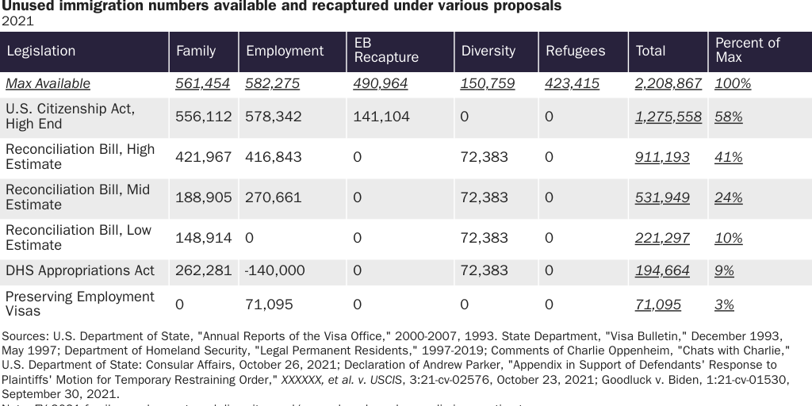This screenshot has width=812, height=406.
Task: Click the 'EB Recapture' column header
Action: [x=385, y=51]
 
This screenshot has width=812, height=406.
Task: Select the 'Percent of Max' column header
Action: [x=747, y=51]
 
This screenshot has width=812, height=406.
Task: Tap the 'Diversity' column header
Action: [x=488, y=51]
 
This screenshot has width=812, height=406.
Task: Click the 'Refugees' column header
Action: [x=575, y=51]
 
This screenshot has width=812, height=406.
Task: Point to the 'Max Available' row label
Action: [x=48, y=83]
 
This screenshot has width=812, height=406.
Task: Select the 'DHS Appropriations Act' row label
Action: [x=80, y=270]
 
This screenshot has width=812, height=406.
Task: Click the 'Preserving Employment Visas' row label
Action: [x=80, y=304]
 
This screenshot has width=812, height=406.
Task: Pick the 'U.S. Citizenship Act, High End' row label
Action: [x=70, y=116]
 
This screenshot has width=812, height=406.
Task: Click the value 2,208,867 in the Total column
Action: [x=668, y=83]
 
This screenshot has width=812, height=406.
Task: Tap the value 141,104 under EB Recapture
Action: [x=382, y=117]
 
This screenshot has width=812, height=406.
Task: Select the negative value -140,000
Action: [x=275, y=270]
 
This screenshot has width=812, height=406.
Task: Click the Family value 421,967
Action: [x=203, y=157]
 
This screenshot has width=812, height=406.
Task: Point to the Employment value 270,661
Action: [x=274, y=197]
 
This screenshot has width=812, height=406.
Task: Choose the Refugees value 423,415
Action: [x=572, y=83]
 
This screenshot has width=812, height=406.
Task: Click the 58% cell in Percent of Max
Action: [x=728, y=117]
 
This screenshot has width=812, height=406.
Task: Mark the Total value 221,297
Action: [x=662, y=238]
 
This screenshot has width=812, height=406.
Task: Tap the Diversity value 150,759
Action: [x=487, y=83]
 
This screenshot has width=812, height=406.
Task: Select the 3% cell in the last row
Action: [x=724, y=304]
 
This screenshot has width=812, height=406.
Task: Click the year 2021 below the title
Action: [x=17, y=21]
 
